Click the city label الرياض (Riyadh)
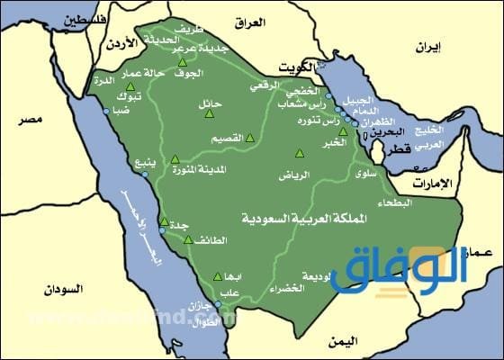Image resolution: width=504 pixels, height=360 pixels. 302,174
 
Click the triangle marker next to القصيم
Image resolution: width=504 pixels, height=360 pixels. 249,139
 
